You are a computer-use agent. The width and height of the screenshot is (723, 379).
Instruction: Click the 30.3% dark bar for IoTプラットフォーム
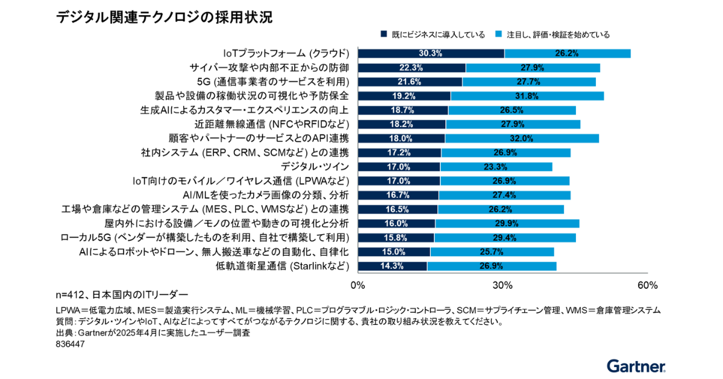(x=431, y=53)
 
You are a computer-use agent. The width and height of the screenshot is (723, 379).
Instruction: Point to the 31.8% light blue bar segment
(x=527, y=96)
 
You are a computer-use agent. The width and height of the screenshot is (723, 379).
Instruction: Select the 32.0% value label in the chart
(x=522, y=138)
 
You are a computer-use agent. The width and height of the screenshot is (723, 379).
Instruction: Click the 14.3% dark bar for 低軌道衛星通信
(x=392, y=266)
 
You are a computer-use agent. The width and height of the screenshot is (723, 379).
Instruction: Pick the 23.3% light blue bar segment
(x=496, y=167)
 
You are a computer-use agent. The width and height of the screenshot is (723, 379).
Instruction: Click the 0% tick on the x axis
(x=358, y=285)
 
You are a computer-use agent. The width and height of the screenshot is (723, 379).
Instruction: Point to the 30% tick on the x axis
(x=503, y=285)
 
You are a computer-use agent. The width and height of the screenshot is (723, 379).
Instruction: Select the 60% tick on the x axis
(x=646, y=285)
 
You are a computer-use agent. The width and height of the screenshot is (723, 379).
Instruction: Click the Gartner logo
(x=636, y=366)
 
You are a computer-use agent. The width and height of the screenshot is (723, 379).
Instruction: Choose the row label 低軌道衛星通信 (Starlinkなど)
(x=283, y=266)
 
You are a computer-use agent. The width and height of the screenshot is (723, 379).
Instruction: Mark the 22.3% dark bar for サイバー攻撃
(x=412, y=67)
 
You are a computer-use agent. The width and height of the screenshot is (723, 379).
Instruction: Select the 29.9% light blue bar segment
(x=507, y=223)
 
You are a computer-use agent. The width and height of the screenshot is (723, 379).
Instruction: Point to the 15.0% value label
(x=394, y=251)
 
